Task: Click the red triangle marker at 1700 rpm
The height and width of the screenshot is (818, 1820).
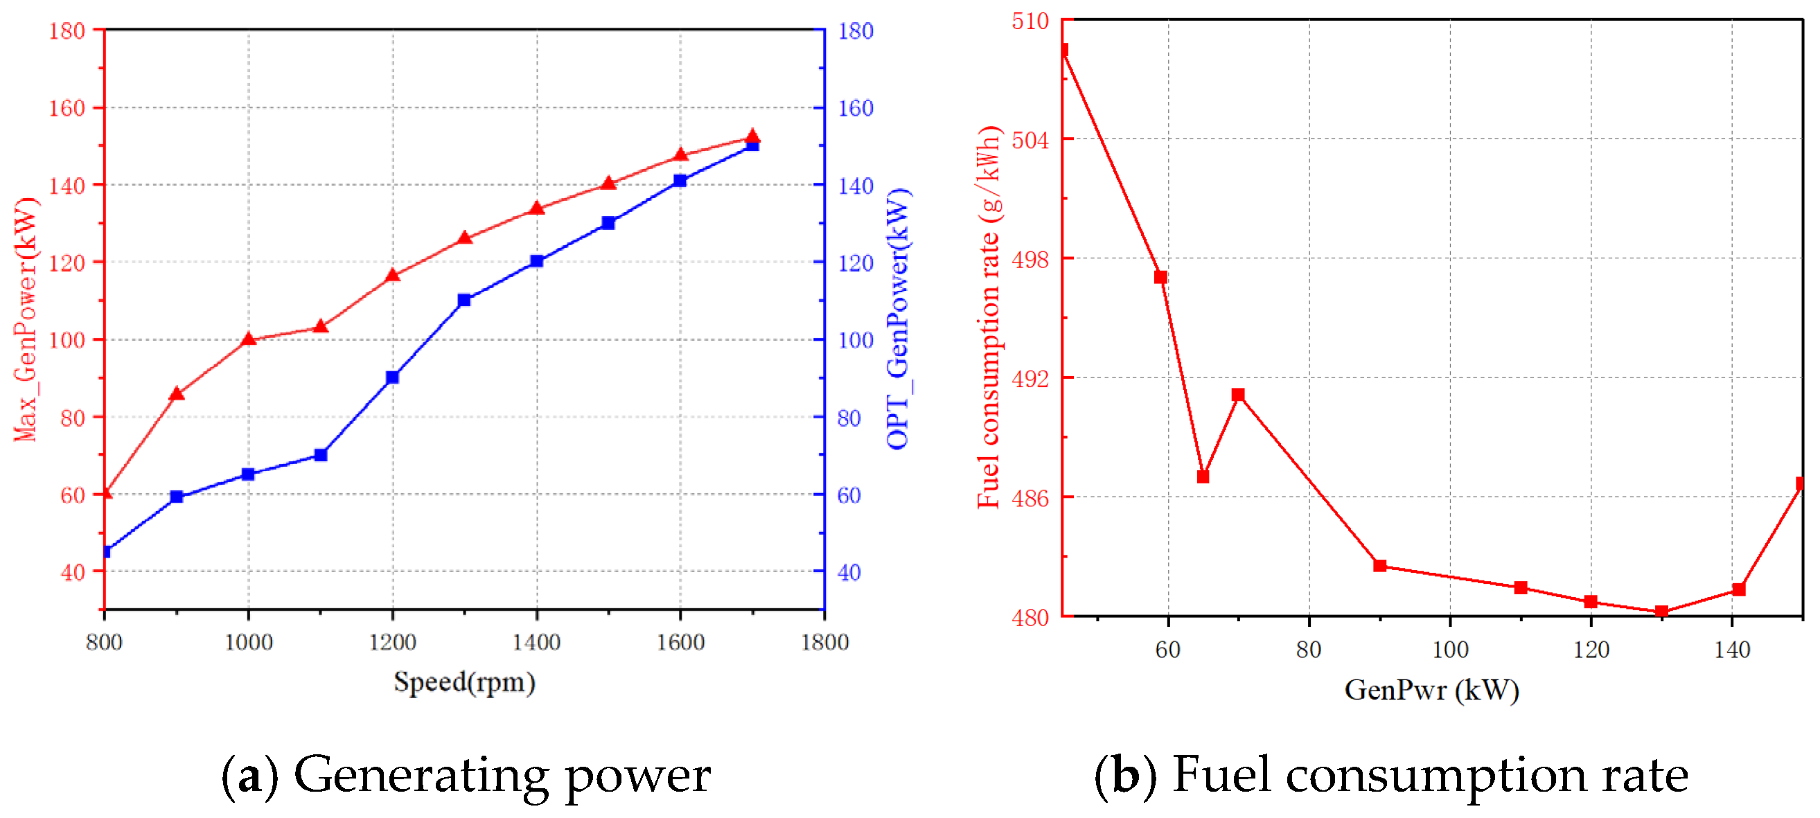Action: [752, 138]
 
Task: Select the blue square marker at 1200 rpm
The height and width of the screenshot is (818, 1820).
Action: [393, 378]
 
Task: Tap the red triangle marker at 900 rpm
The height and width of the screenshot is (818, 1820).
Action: [177, 394]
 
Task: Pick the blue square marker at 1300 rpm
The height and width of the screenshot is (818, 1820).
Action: [464, 300]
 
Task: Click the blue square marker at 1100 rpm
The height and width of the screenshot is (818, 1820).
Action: [321, 455]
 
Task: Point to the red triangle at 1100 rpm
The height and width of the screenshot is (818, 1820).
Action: [321, 326]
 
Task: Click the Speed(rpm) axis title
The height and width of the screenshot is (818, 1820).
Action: [464, 682]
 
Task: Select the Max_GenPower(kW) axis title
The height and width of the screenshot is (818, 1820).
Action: [26, 319]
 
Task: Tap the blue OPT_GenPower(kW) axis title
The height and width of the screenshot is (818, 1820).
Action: [899, 319]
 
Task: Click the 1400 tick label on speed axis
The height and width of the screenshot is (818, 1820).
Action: [536, 642]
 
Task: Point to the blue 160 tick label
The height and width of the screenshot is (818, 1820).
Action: [856, 108]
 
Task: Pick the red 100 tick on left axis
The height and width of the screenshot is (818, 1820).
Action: [67, 340]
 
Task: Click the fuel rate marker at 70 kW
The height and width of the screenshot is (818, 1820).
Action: [1238, 395]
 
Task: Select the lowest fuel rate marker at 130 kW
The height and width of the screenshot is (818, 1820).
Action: [1662, 612]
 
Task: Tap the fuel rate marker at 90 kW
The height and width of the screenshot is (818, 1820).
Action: [1380, 566]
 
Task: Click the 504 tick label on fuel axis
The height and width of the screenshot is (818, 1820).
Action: [1030, 140]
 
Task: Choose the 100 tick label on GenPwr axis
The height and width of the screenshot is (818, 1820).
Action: [1450, 649]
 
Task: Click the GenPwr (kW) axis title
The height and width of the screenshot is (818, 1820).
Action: [1431, 690]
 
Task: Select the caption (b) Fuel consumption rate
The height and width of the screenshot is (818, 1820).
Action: [1391, 775]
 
